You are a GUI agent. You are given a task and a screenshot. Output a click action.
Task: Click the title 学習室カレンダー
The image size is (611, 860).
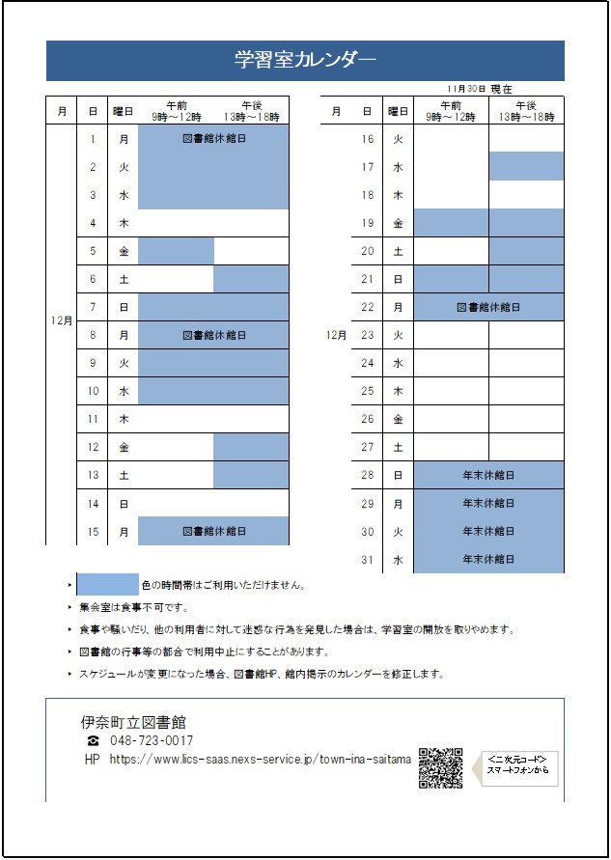click(x=305, y=60)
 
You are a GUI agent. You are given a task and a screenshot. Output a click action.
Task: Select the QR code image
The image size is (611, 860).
click(x=440, y=767)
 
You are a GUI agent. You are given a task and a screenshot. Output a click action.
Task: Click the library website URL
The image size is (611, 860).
click(x=261, y=760)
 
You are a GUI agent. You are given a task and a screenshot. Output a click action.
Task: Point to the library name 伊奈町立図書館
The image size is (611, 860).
click(x=133, y=721)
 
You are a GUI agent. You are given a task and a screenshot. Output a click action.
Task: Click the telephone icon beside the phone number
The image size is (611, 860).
click(x=93, y=740)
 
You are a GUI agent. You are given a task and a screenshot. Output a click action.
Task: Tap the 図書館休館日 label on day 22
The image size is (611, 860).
click(x=487, y=307)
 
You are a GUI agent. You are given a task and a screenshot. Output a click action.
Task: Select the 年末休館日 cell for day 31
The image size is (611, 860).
click(x=487, y=559)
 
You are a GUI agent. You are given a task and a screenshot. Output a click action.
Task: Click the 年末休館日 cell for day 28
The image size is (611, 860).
click(x=487, y=475)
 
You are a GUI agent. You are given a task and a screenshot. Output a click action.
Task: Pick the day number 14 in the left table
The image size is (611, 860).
click(x=93, y=503)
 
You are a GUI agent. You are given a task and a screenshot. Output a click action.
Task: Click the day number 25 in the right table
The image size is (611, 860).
click(x=367, y=391)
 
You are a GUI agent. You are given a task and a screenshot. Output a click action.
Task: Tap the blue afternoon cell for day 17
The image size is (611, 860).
click(x=526, y=167)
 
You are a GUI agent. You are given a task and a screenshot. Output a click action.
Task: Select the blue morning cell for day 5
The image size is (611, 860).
click(x=176, y=251)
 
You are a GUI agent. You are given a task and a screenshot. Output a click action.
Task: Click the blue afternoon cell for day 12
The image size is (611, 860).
click(x=251, y=447)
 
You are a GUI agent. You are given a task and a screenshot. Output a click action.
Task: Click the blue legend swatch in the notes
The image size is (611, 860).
click(x=107, y=584)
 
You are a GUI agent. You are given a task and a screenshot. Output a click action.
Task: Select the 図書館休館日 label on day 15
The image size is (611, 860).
click(x=213, y=531)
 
